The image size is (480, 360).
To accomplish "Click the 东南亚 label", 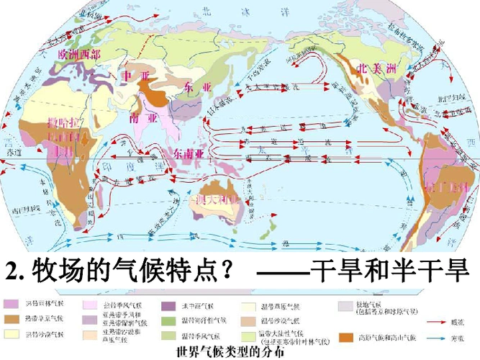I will tap(189, 153).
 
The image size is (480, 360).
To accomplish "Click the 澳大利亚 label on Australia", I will tap(217, 199).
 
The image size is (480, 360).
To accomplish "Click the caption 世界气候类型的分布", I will tap(225, 354).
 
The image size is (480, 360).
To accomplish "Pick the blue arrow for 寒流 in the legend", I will tap(430, 336).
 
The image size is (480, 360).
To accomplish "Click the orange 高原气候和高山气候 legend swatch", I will tap(347, 337).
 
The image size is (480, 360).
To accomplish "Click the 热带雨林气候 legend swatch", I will tap(13, 305).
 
